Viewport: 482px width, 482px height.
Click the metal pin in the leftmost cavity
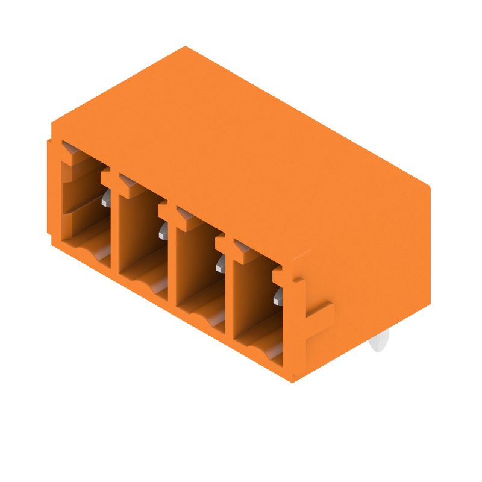tap(106, 198)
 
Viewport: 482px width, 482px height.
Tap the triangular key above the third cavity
tap(184, 213)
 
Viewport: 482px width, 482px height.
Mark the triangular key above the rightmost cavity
tap(242, 246)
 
